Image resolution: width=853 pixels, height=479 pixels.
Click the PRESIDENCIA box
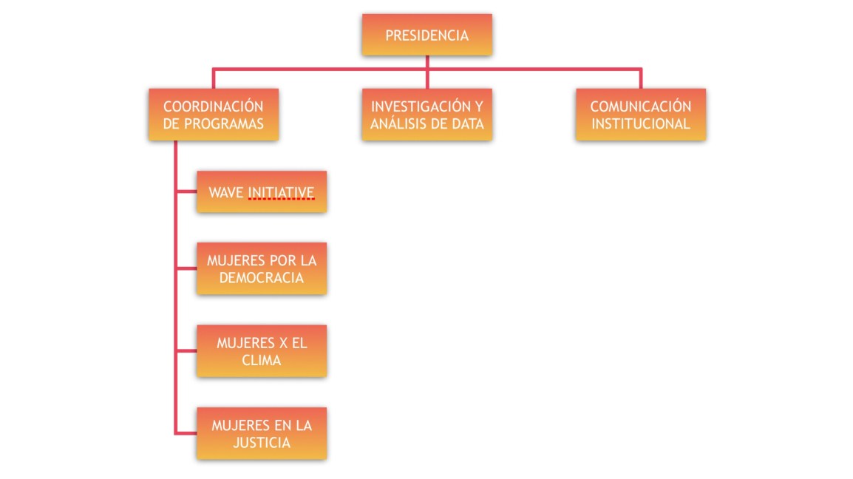(426, 35)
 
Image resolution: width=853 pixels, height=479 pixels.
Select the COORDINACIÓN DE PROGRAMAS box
(213, 115)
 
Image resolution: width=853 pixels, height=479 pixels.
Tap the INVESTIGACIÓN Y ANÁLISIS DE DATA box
(426, 115)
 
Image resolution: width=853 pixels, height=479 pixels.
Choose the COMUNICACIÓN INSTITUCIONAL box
(640, 115)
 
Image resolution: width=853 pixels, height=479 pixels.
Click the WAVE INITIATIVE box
(261, 192)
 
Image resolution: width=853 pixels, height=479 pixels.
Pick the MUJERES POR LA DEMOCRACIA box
(261, 269)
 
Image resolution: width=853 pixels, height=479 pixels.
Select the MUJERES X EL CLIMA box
(261, 351)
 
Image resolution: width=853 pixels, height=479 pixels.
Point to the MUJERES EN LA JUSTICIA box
(261, 433)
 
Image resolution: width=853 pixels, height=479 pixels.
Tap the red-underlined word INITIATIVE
(281, 193)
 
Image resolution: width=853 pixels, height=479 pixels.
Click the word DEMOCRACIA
(261, 278)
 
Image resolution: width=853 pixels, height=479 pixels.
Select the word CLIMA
(261, 360)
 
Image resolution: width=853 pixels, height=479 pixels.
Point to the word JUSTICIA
(261, 442)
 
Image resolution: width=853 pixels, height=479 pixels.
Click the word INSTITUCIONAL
(640, 123)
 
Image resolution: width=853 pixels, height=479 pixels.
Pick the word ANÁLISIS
(400, 123)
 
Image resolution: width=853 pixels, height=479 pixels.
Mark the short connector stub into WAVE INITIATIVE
(186, 192)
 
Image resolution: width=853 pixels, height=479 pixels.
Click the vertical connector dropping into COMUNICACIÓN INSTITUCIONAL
(640, 78)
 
